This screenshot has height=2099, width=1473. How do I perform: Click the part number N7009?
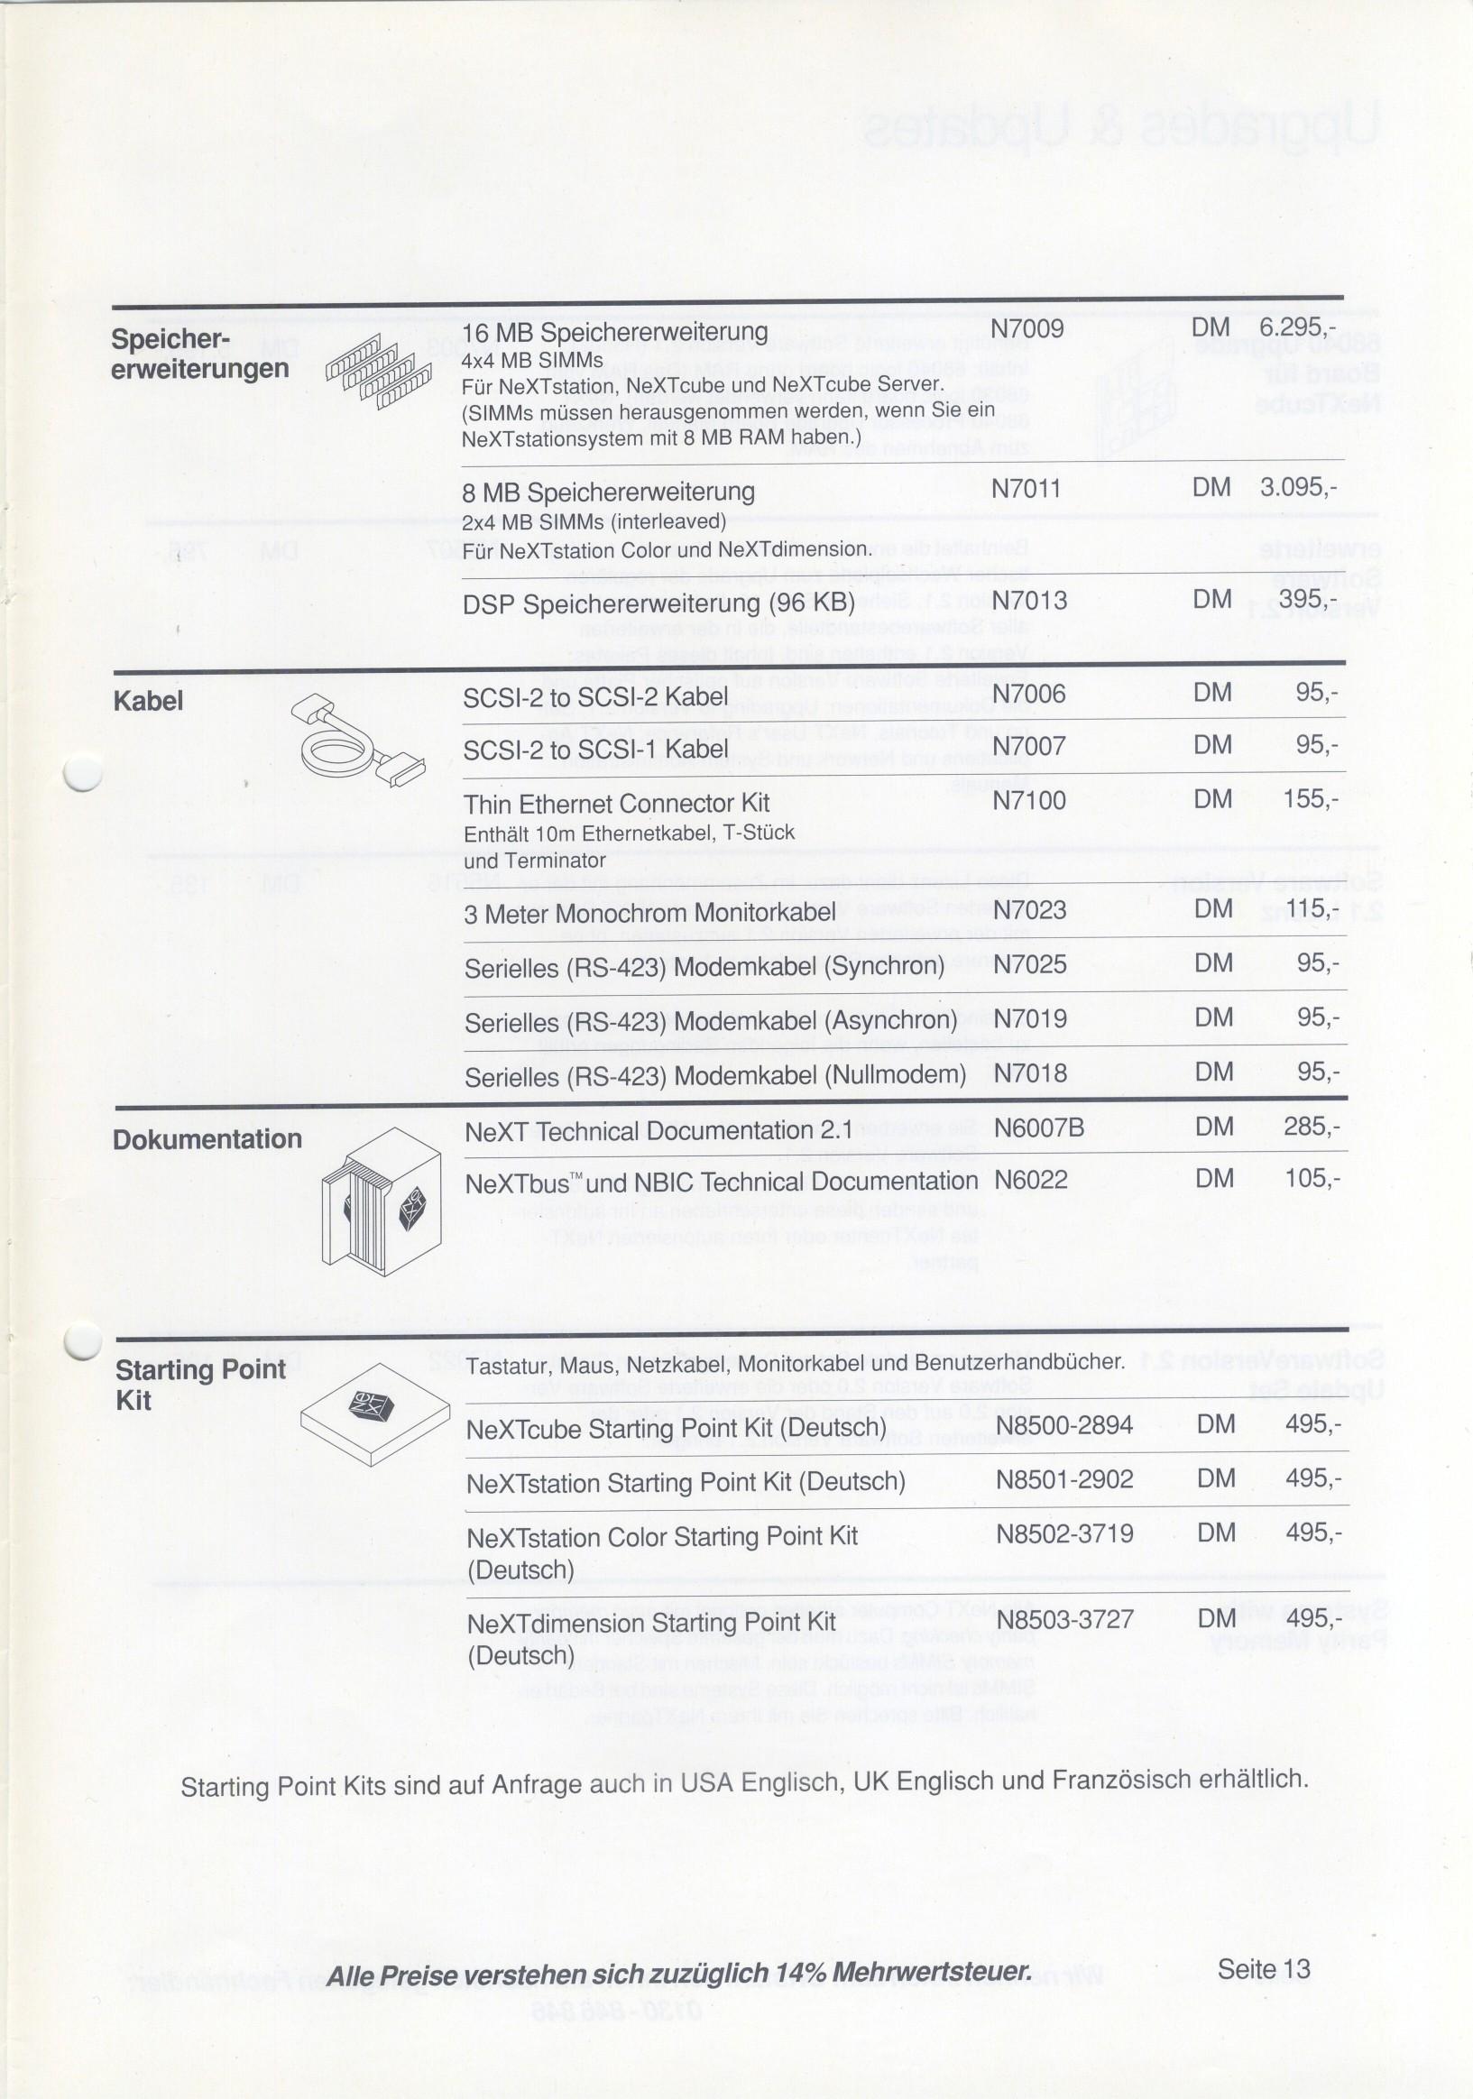[1026, 329]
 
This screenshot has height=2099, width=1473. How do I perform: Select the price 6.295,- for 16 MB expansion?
[1297, 327]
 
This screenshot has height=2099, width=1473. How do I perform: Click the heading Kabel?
[148, 701]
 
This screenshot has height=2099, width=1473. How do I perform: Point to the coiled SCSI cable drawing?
[357, 740]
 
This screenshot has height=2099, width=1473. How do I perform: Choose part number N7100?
[1029, 801]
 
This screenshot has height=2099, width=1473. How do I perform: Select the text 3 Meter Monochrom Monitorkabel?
[649, 913]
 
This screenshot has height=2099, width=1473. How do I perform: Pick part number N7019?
[1030, 1018]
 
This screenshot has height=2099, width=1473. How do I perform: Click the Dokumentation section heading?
[207, 1139]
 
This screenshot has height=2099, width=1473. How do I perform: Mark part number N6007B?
[1039, 1128]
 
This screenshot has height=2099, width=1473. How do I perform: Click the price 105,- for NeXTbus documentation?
[1312, 1178]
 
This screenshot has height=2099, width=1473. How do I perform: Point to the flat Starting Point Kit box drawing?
[375, 1413]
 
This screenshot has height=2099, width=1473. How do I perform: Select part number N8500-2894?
[1064, 1425]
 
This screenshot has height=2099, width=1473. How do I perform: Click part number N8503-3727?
[1064, 1619]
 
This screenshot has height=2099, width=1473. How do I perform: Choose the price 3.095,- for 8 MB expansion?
[1297, 487]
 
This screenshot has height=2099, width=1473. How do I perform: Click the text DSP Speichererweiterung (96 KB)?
[658, 603]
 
